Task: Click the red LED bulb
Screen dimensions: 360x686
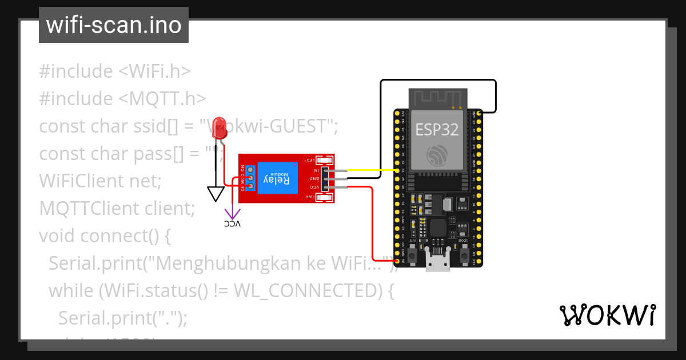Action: coord(219,126)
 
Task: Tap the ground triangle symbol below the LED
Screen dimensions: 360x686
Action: coord(216,194)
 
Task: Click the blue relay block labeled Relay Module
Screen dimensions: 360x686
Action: coord(277,179)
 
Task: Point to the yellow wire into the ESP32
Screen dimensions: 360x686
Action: coord(372,170)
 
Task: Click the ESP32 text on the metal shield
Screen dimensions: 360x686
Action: coord(437,130)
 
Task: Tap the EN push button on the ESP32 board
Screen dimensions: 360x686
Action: coord(413,251)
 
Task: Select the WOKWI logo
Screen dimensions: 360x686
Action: coord(607,315)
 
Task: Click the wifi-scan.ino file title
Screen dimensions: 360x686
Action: coord(114,25)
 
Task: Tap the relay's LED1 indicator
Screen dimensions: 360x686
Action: coord(324,160)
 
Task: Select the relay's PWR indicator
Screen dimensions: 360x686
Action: coord(324,198)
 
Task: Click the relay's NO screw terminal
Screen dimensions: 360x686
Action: coord(250,170)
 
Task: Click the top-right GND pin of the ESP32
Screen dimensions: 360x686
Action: coord(479,113)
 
